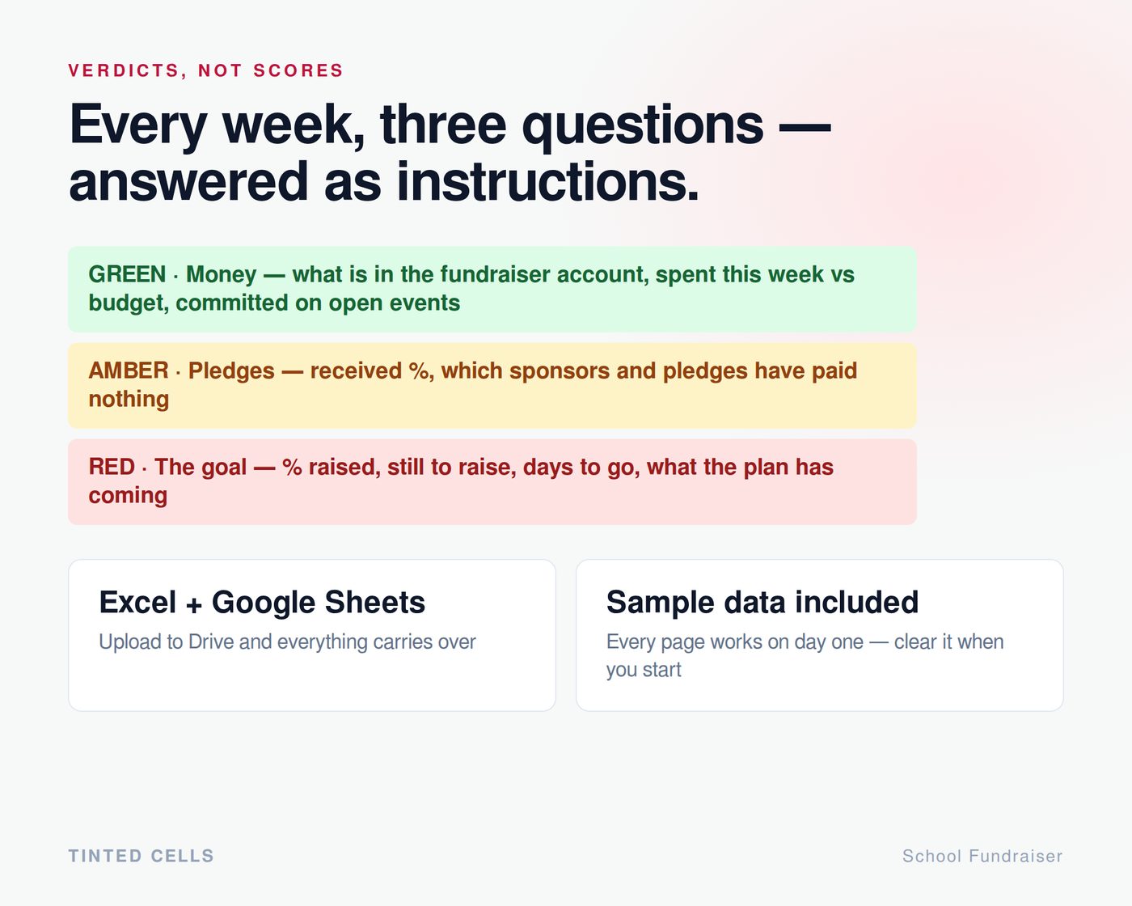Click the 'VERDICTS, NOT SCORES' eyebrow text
pos(205,70)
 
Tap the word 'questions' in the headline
pos(642,127)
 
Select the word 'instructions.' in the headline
pos(547,182)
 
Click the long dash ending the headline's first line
pos(805,127)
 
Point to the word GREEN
pos(127,274)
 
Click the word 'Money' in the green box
pos(221,274)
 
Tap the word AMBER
pos(129,370)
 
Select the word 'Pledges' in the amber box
pos(231,371)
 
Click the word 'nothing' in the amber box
pos(129,399)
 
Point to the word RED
pos(112,467)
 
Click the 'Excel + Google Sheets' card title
pos(262,602)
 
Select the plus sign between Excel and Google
pos(193,605)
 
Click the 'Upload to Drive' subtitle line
pos(287,642)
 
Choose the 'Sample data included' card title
pos(762,602)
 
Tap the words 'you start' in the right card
pos(644,670)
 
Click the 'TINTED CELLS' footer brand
pos(141,856)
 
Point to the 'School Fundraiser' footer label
pos(982,856)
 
